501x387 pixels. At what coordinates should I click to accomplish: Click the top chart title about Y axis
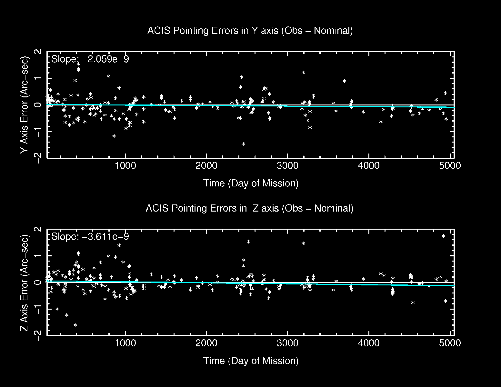(250, 31)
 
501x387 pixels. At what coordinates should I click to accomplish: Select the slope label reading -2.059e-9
(90, 59)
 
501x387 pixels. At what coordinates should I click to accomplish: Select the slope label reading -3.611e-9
(90, 237)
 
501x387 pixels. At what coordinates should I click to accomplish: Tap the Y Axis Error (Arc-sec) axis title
(25, 105)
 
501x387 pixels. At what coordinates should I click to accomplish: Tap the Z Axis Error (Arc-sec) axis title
(25, 283)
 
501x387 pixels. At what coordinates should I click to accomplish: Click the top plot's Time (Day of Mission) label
(251, 183)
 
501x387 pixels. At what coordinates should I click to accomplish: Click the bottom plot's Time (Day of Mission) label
(251, 361)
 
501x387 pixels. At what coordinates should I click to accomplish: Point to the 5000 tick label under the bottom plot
(450, 343)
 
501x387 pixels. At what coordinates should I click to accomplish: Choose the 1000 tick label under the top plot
(125, 166)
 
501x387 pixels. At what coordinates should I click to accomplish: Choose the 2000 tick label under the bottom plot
(206, 343)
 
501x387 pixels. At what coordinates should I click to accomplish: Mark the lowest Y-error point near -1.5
(243, 144)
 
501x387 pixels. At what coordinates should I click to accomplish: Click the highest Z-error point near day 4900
(444, 236)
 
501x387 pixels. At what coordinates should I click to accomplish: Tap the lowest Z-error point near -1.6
(75, 325)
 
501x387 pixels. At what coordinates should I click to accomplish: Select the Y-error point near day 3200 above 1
(303, 72)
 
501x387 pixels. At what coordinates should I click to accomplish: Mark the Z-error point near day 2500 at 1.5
(248, 242)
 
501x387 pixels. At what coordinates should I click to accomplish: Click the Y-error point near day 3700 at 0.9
(345, 81)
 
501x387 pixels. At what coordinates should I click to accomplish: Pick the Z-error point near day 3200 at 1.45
(303, 243)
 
